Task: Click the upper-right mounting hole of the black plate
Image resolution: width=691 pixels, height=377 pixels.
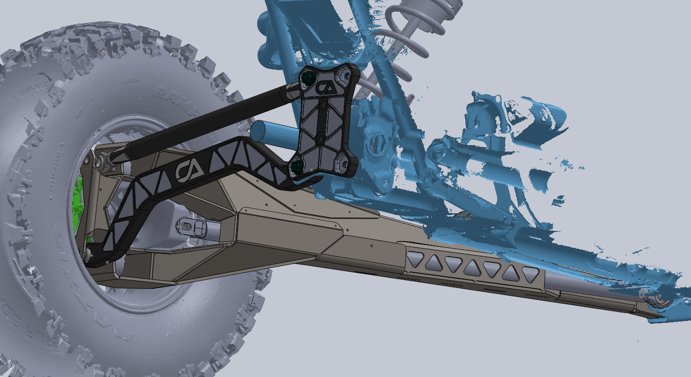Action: coord(346,75)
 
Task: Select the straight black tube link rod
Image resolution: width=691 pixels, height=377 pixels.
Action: coord(210,119)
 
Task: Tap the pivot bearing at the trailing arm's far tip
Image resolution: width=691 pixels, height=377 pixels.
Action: coord(662,301)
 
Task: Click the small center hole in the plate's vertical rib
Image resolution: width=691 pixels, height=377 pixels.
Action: coord(321,139)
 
